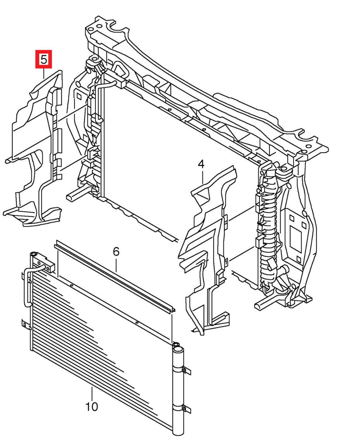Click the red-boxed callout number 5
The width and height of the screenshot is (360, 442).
pos(43,59)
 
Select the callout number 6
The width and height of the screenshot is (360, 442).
pos(116,252)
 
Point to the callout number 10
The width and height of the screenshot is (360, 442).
pos(91,407)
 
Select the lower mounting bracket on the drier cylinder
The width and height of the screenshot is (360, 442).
pos(186,408)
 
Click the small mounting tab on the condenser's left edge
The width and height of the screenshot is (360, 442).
pos(25,324)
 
